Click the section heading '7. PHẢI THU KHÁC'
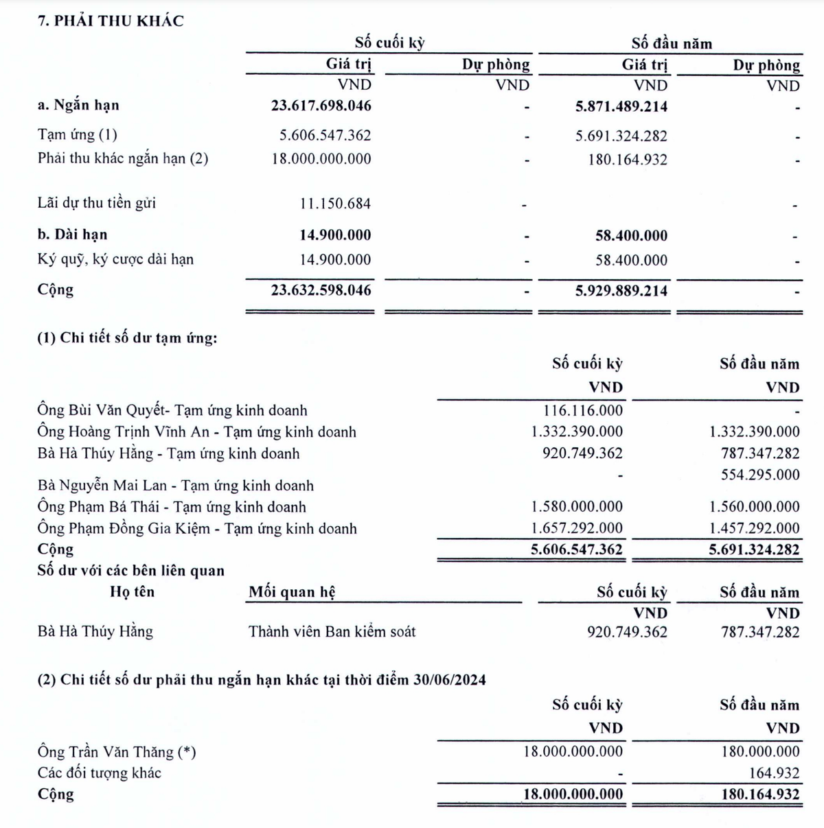(x=111, y=21)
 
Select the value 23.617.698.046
(x=321, y=106)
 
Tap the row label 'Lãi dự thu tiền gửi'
(x=97, y=203)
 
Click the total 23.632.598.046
(x=321, y=290)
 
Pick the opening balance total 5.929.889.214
(x=621, y=291)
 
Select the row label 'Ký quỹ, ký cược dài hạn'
(x=115, y=259)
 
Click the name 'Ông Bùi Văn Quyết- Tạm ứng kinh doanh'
(x=172, y=411)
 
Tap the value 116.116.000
(x=582, y=411)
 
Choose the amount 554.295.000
(x=760, y=475)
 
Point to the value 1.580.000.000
(x=577, y=507)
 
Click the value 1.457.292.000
(x=754, y=528)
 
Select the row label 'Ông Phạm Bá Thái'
(x=172, y=508)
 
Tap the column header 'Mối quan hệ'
(x=292, y=592)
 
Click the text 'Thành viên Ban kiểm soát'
(x=332, y=631)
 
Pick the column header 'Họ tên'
(x=132, y=592)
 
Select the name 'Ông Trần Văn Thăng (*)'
(x=117, y=752)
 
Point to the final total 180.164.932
(x=760, y=794)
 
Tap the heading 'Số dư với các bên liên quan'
(x=130, y=571)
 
